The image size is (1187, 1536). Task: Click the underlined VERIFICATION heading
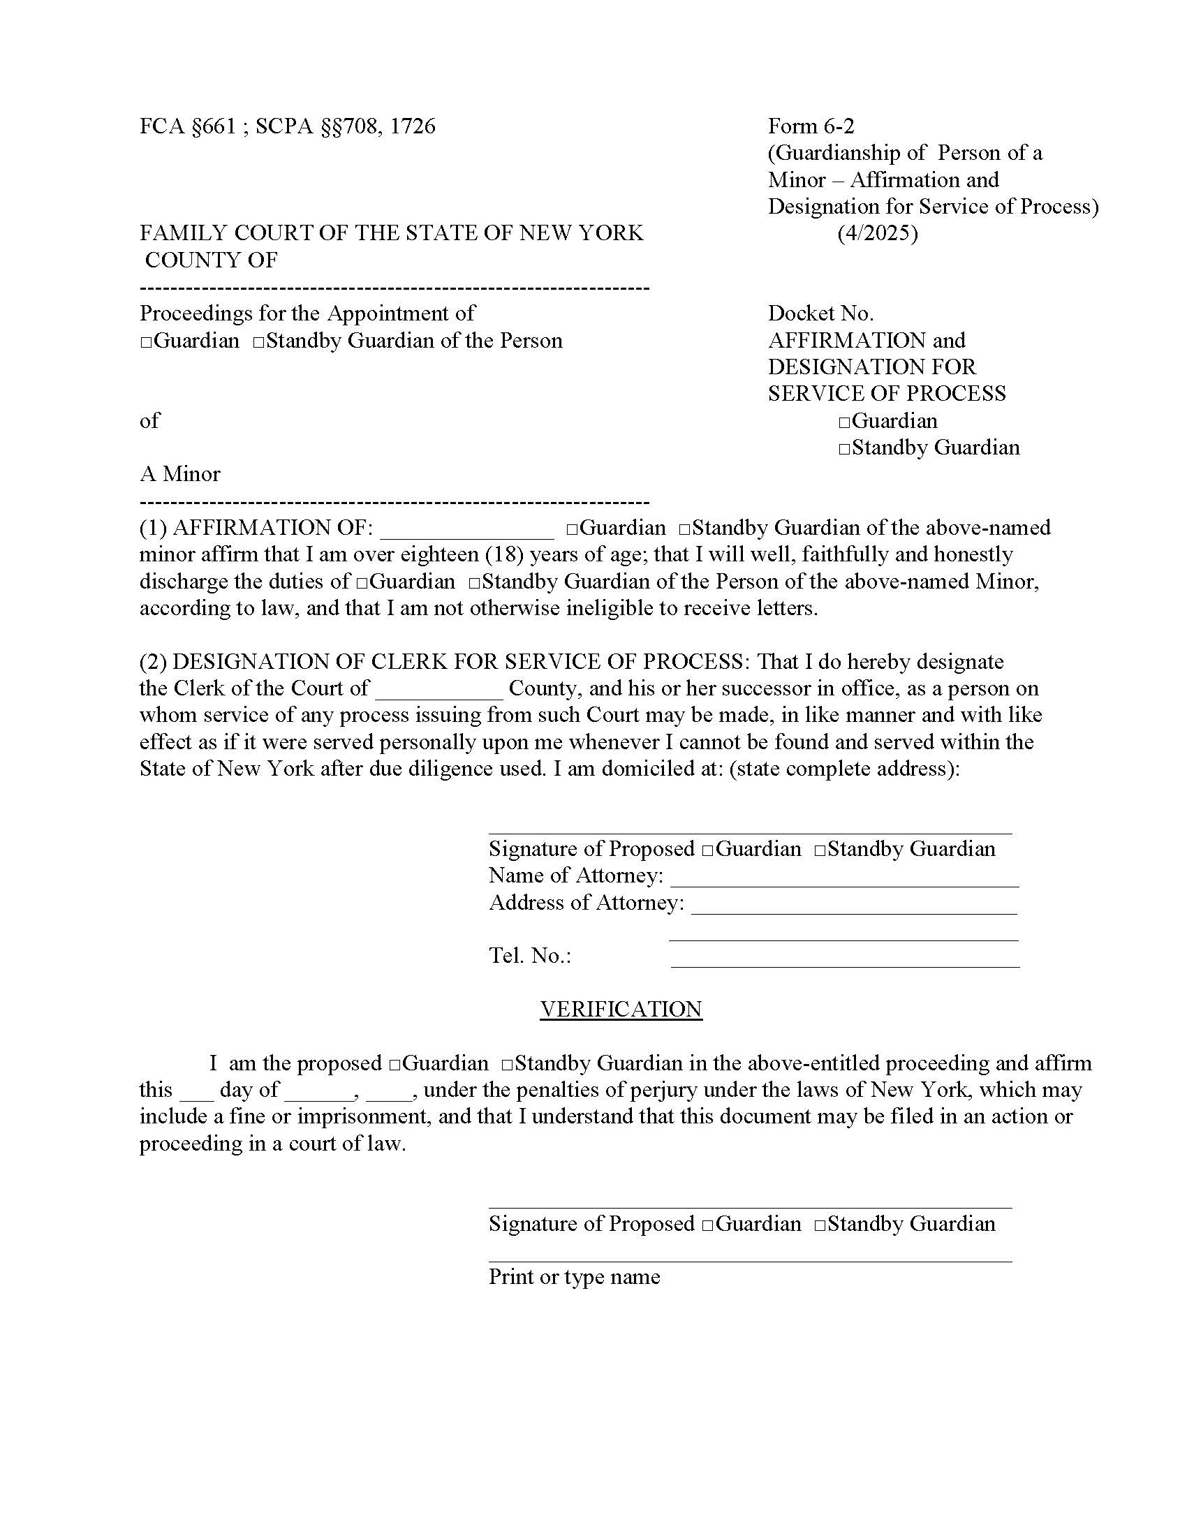tap(621, 1010)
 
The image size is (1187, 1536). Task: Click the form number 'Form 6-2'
tap(811, 126)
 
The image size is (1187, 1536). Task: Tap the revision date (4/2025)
tap(877, 232)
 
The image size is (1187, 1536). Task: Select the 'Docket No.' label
tap(820, 313)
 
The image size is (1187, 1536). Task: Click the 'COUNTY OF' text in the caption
tap(211, 260)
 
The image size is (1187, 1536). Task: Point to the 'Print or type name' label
tap(574, 1276)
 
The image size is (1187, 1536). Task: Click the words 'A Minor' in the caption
tap(180, 474)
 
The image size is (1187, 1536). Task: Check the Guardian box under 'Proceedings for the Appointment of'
tap(146, 343)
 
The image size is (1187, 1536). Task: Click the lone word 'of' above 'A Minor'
tap(149, 421)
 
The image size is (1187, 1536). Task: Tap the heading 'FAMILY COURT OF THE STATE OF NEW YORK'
tap(391, 232)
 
